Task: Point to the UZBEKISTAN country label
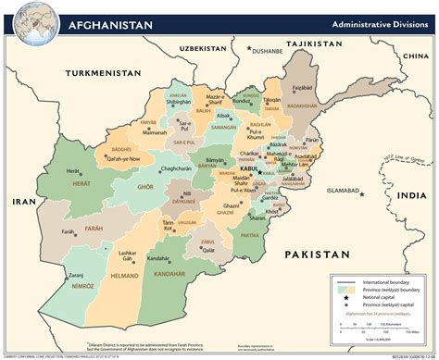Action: click(204, 45)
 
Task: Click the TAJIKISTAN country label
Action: click(315, 43)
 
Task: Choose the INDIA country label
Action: click(416, 194)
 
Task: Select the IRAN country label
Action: click(19, 201)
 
